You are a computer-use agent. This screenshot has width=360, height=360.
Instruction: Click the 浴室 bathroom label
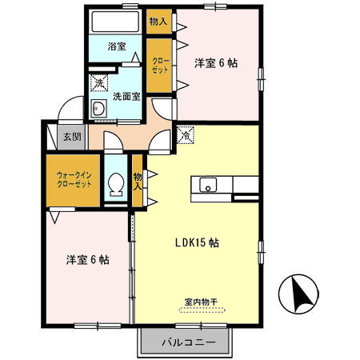[x=117, y=46]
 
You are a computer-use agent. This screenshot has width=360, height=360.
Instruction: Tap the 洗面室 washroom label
[x=126, y=97]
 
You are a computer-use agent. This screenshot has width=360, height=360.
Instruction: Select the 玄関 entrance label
[x=72, y=137]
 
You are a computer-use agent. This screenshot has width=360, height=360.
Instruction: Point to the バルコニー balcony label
[x=189, y=342]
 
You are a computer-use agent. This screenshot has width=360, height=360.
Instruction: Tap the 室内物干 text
[x=201, y=302]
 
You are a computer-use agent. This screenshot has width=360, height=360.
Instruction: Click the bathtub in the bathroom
[x=117, y=22]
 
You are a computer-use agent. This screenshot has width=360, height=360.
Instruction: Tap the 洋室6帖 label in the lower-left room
[x=87, y=259]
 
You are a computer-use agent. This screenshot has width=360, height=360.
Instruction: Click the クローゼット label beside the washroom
[x=158, y=64]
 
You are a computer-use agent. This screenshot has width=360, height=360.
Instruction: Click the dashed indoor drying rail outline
[x=201, y=310]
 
